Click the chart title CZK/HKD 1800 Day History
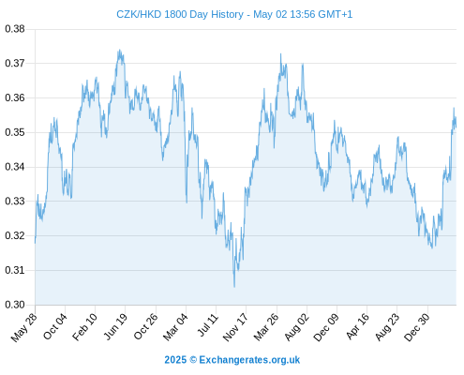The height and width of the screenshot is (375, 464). coord(180,14)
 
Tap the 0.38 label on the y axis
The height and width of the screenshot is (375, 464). coord(15,29)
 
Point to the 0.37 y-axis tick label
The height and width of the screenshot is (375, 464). coord(15,64)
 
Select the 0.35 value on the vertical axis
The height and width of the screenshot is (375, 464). coord(15,132)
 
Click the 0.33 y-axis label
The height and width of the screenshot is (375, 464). coord(15,201)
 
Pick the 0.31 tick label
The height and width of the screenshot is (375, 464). coord(15,270)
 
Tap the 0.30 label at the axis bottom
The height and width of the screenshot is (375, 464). coord(15,305)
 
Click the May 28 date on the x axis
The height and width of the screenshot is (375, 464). coord(24,327)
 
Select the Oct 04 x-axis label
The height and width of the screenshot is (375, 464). coord(55,326)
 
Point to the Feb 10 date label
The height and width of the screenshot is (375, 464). coord(84,327)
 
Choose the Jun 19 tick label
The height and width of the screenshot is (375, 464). coord(115,326)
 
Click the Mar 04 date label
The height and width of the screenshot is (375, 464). coord(175,327)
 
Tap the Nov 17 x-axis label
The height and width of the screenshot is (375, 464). coord(235,327)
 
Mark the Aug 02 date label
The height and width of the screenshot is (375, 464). coord(297,327)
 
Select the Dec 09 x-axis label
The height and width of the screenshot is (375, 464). coord(326,327)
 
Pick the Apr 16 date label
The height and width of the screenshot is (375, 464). coord(358,326)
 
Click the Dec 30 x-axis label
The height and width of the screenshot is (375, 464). coord(417,327)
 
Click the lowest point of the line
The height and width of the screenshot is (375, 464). coord(234,287)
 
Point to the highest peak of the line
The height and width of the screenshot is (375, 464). coord(119,50)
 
